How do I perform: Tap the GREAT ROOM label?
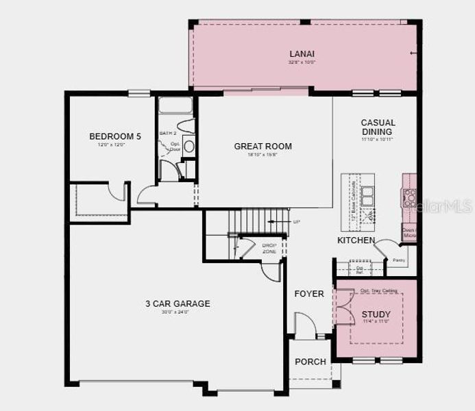(x=263, y=146)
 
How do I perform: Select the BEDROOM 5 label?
(x=115, y=136)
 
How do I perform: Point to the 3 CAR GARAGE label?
(x=177, y=303)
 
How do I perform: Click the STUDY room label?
(x=376, y=314)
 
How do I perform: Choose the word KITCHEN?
(x=356, y=240)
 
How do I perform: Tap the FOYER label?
(x=309, y=294)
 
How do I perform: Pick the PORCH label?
(x=310, y=362)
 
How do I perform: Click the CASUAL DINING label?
(x=378, y=127)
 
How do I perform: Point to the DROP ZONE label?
(x=269, y=248)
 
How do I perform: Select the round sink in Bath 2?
(x=189, y=146)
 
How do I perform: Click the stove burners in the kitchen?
(x=409, y=198)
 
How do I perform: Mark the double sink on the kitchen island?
(x=368, y=196)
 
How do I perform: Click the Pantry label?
(x=399, y=260)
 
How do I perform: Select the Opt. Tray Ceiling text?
(x=378, y=290)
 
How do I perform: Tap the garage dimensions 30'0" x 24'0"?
(x=177, y=312)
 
